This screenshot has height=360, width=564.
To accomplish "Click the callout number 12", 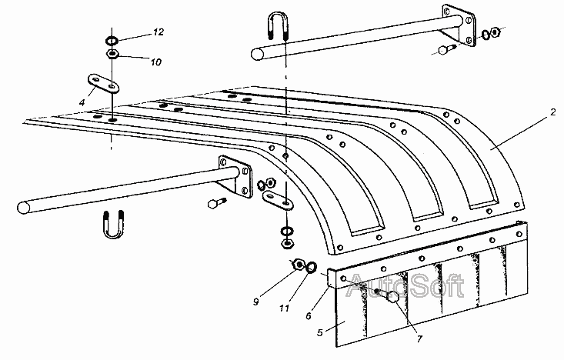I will point(158,32).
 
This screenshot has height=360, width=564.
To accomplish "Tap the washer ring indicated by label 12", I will point(112,41).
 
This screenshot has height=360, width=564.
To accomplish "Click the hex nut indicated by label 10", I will point(112,54).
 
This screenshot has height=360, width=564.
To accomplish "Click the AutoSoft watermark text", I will point(404,288).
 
